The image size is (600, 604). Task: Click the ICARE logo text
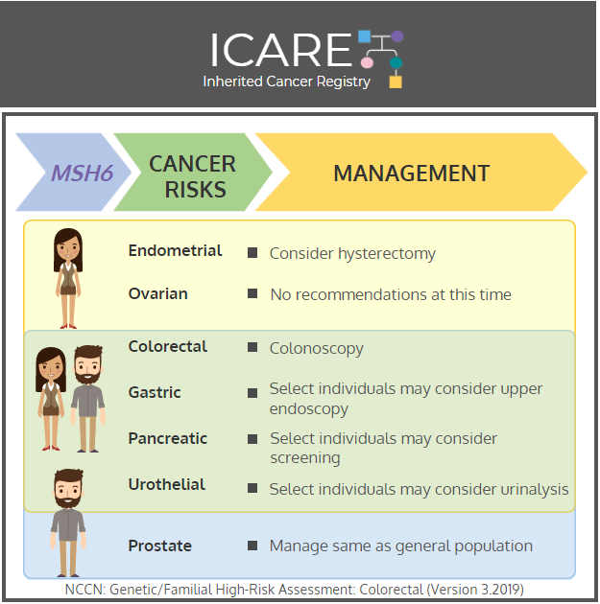pyautogui.click(x=281, y=50)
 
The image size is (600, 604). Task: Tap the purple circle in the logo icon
pyautogui.click(x=397, y=36)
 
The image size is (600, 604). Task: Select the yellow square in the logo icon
pyautogui.click(x=396, y=82)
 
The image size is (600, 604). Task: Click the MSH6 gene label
pyautogui.click(x=83, y=173)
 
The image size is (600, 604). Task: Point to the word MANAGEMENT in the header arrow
pyautogui.click(x=412, y=173)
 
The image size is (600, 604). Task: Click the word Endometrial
pyautogui.click(x=175, y=251)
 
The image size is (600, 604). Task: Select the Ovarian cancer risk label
pyautogui.click(x=158, y=294)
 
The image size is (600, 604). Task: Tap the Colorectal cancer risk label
pyautogui.click(x=168, y=346)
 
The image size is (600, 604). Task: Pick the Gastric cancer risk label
pyautogui.click(x=155, y=392)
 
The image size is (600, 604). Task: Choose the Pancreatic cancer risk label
pyautogui.click(x=168, y=438)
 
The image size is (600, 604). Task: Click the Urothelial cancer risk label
pyautogui.click(x=167, y=484)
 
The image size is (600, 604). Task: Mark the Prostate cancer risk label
pyautogui.click(x=160, y=546)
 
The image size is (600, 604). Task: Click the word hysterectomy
pyautogui.click(x=387, y=254)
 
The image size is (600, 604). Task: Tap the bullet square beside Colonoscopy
pyautogui.click(x=252, y=347)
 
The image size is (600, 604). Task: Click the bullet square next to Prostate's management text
pyautogui.click(x=252, y=546)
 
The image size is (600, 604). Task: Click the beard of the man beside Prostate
pyautogui.click(x=68, y=499)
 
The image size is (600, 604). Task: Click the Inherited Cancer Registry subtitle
pyautogui.click(x=286, y=81)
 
